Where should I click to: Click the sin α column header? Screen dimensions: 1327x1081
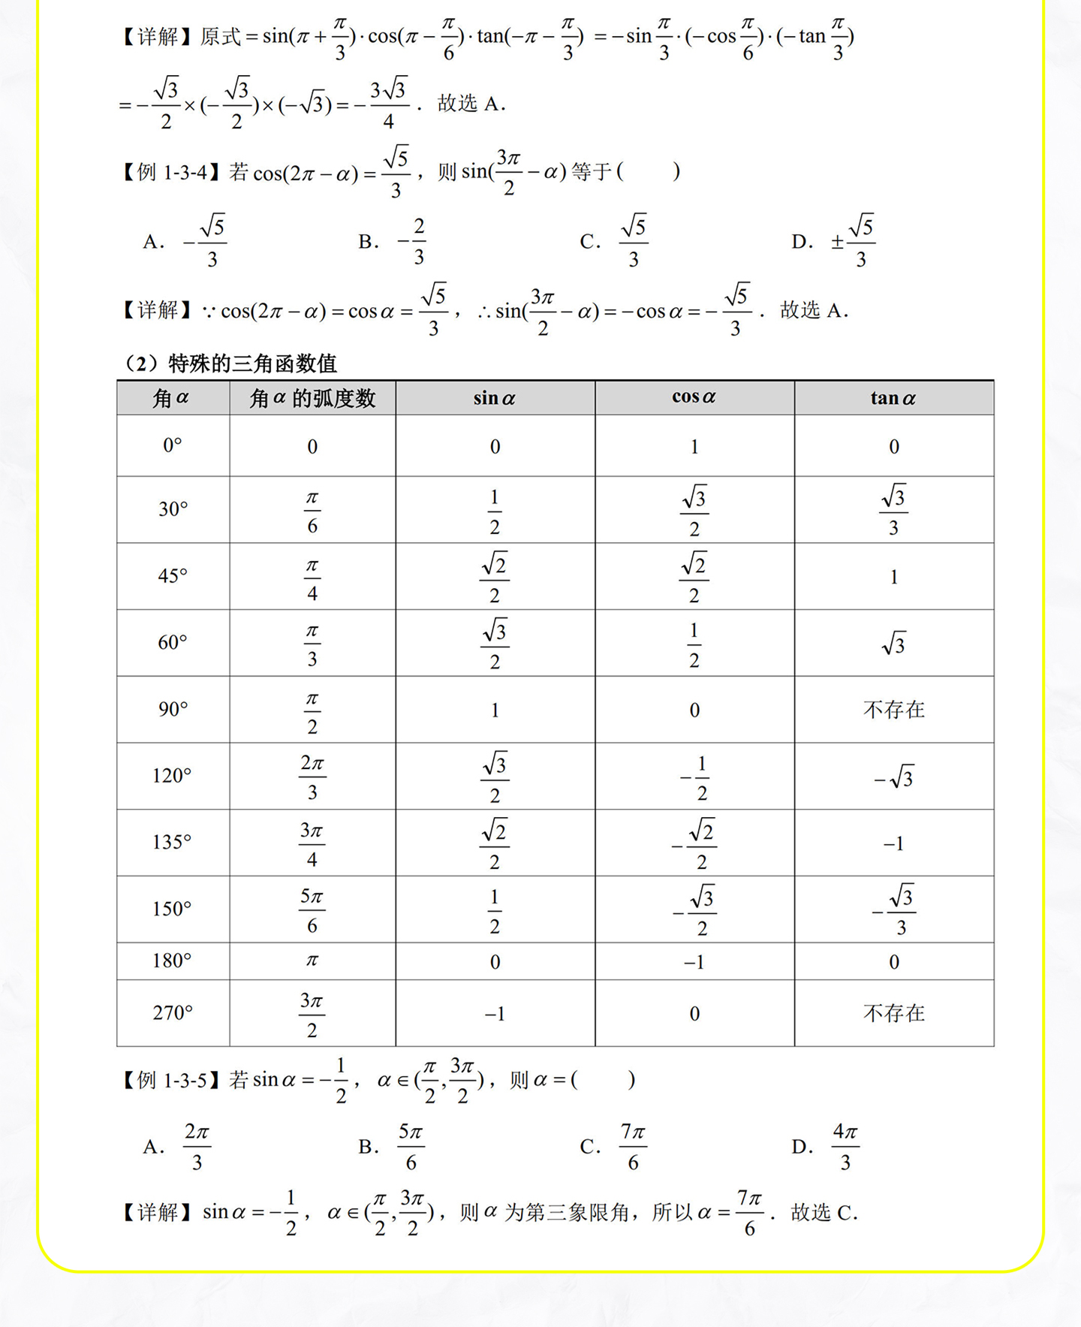[495, 398]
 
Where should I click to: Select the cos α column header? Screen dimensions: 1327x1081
[694, 397]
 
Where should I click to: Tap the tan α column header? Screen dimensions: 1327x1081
[893, 398]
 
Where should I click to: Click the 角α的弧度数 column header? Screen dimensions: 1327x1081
[312, 398]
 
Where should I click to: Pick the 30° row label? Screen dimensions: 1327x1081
[173, 509]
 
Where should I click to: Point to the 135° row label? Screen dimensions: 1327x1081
[173, 843]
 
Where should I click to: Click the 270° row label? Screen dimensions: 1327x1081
[173, 1013]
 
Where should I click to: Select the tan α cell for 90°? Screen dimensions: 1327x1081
[893, 710]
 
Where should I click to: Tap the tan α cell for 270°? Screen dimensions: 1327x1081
[893, 1013]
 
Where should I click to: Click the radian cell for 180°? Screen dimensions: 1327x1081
[312, 961]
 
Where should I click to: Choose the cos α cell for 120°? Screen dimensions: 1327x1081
[694, 777]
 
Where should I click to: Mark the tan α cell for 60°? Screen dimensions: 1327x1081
[893, 644]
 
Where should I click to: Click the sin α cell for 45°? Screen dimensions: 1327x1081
[495, 577]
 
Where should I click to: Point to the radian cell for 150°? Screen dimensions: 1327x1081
[312, 909]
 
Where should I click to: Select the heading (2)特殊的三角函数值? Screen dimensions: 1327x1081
[231, 364]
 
